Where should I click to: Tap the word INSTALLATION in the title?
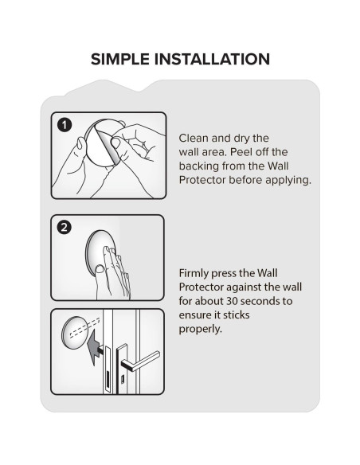tap(212, 59)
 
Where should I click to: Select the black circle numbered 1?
tap(65, 125)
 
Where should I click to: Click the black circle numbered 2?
tap(64, 228)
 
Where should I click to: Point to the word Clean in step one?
tap(194, 138)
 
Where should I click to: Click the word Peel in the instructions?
tap(240, 152)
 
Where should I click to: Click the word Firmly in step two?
tap(194, 273)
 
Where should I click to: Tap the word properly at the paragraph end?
tap(200, 329)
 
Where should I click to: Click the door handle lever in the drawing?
tap(142, 360)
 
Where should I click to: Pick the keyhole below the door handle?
tap(122, 380)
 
